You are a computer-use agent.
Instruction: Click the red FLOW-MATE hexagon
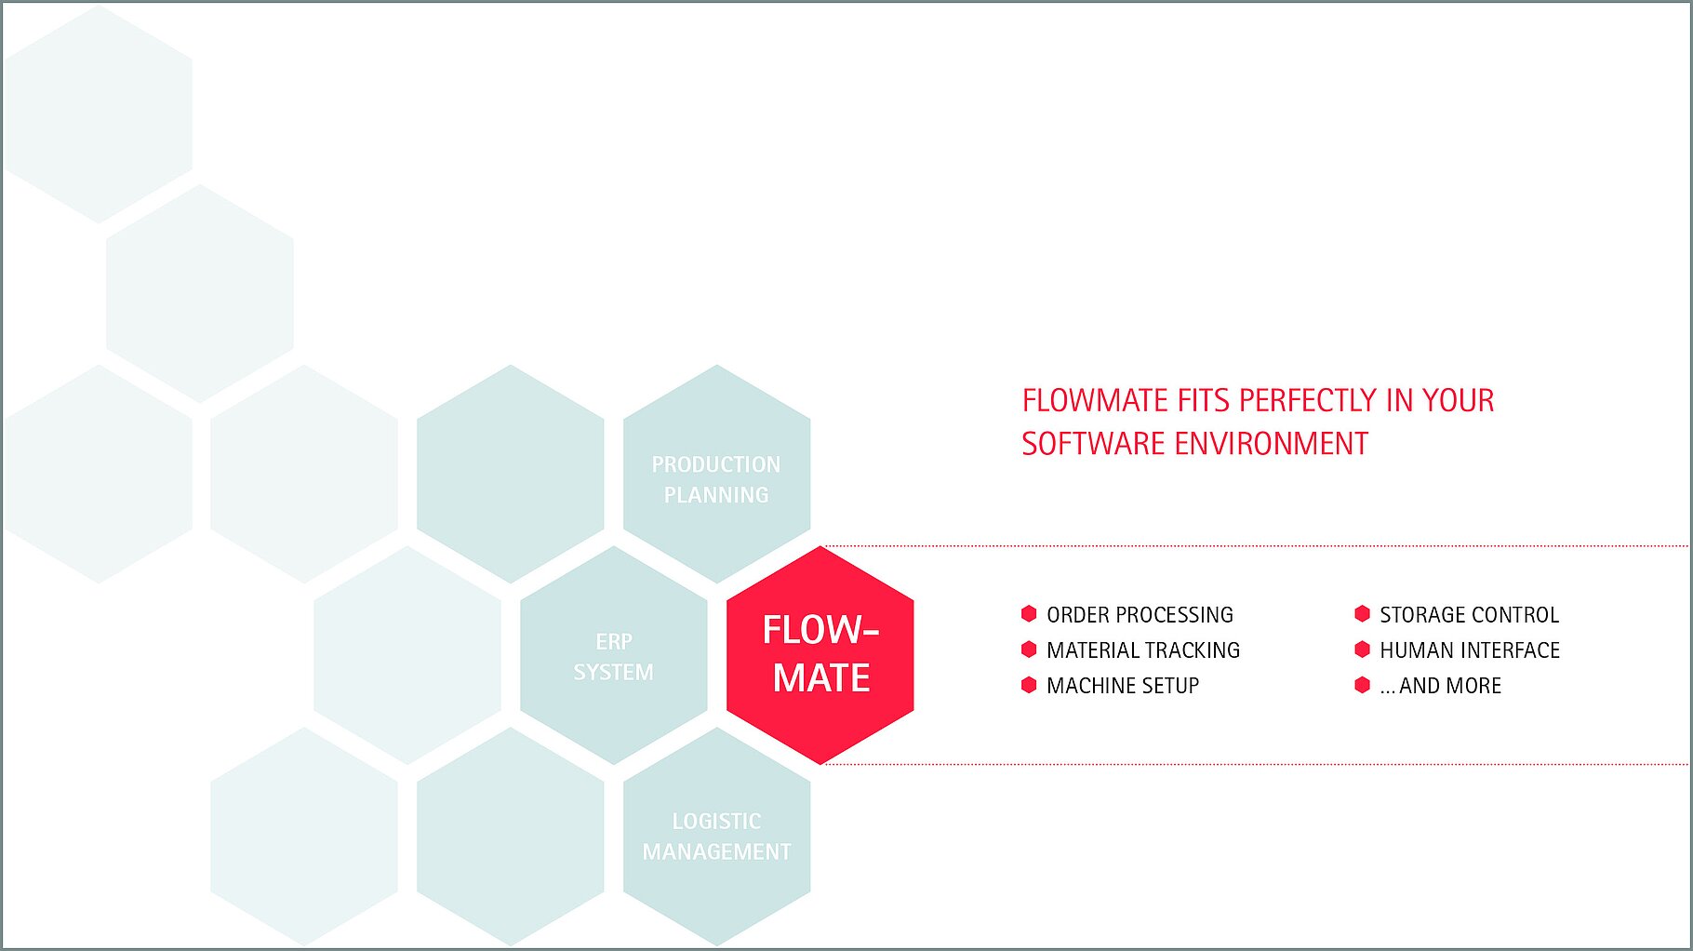click(x=820, y=655)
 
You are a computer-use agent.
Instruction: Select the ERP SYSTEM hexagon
click(x=614, y=656)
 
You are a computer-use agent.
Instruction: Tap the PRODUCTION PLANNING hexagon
click(x=716, y=475)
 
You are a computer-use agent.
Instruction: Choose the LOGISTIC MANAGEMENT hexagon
click(x=716, y=836)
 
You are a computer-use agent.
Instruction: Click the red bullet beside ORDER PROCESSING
click(x=1029, y=614)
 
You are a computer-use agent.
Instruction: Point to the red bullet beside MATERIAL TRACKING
click(x=1029, y=650)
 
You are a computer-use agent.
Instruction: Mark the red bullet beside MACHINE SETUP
click(x=1029, y=685)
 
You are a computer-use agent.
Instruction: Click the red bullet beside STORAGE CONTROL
click(x=1362, y=614)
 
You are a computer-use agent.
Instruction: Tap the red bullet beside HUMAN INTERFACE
click(x=1362, y=650)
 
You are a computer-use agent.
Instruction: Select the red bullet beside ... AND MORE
click(x=1362, y=685)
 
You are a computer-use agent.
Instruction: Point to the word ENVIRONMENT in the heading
click(x=1272, y=444)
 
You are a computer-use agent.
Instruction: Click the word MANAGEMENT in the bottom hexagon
click(x=716, y=851)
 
